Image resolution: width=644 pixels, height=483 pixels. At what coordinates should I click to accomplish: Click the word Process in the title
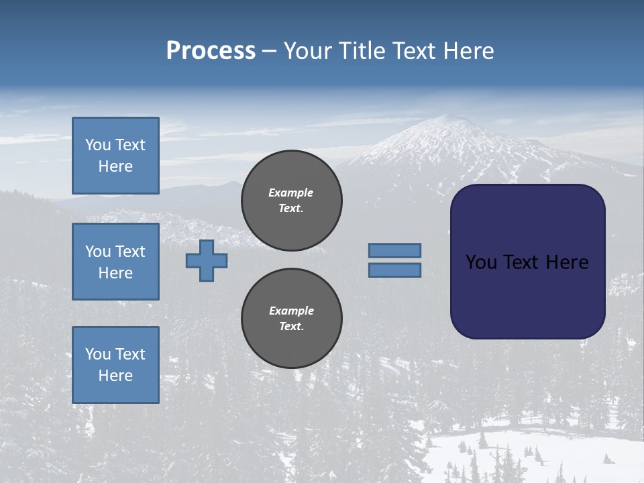(x=211, y=51)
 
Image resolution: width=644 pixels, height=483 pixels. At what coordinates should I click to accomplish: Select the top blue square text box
(x=115, y=156)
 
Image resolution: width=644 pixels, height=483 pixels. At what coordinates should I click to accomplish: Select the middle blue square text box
(x=115, y=262)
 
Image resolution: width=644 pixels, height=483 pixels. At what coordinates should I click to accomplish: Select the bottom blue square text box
(x=115, y=365)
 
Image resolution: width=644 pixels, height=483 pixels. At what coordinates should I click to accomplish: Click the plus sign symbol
(x=207, y=260)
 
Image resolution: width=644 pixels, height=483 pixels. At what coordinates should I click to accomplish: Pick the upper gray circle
(x=292, y=201)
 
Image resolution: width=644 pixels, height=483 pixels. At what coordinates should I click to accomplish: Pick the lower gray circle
(x=292, y=319)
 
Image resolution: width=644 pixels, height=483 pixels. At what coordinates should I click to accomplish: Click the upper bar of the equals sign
(x=394, y=250)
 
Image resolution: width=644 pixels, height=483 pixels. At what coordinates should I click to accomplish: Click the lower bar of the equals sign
(x=394, y=270)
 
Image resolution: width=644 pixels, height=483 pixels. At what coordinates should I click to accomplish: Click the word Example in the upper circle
(x=290, y=193)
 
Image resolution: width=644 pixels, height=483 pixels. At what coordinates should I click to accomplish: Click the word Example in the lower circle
(x=291, y=311)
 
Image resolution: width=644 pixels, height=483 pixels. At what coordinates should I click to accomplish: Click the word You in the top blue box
(x=97, y=145)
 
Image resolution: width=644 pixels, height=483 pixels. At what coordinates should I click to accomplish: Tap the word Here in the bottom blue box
(x=115, y=376)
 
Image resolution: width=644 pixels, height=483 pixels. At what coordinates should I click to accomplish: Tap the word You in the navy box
(x=480, y=262)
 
